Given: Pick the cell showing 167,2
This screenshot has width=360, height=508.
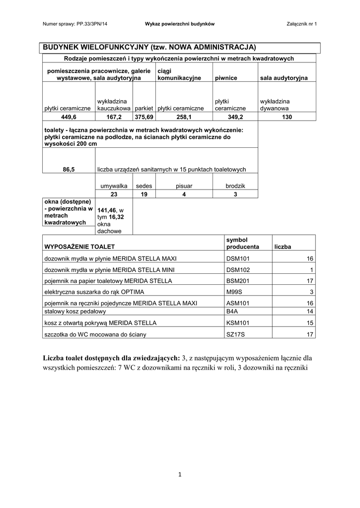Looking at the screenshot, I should pos(114,117).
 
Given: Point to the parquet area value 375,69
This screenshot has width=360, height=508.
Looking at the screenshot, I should pos(144,117).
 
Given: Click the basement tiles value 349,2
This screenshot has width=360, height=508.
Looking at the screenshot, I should pos(234,117).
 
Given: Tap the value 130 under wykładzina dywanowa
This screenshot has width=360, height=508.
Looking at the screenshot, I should pos(287,117).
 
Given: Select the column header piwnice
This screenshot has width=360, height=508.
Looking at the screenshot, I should pos(225,78).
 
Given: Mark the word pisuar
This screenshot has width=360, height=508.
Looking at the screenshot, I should pos(184,186).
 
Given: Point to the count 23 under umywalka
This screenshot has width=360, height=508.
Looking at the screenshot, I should pos(114,194).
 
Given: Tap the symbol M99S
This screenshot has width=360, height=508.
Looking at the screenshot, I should pos(233,292).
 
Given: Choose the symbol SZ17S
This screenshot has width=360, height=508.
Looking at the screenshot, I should pos(234,334).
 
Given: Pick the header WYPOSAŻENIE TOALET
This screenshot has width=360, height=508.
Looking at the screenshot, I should pos(79,247).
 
